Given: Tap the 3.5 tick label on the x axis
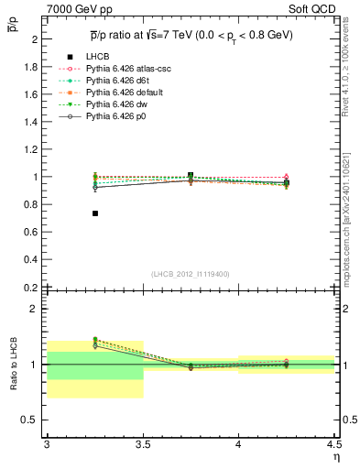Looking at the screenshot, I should [x=142, y=444].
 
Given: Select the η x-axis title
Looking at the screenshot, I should [x=335, y=457].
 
